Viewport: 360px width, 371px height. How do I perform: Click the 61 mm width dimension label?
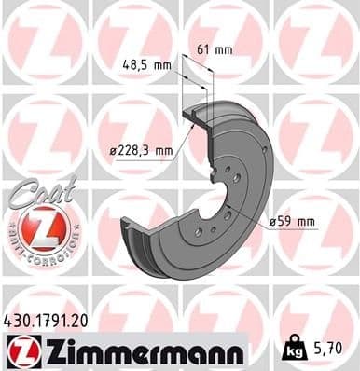217,49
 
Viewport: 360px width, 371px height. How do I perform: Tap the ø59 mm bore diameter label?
291,222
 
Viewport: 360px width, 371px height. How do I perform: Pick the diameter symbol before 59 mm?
272,222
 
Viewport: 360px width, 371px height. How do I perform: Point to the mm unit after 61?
225,49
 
